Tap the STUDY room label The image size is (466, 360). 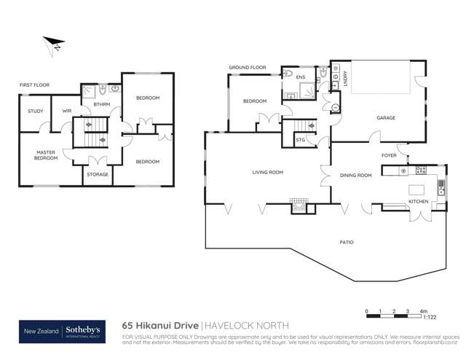(x=36, y=111)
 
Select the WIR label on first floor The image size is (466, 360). (x=66, y=111)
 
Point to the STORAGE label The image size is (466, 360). (x=98, y=174)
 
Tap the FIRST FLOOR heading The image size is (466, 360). (x=34, y=86)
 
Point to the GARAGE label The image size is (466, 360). (x=385, y=117)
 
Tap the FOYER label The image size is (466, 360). (x=390, y=155)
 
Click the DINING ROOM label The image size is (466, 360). (x=356, y=175)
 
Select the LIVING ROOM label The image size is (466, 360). (x=267, y=173)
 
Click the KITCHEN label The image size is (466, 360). (x=418, y=200)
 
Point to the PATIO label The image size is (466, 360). (x=347, y=242)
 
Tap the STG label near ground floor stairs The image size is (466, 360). (x=299, y=139)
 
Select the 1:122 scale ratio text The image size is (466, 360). (x=431, y=318)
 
